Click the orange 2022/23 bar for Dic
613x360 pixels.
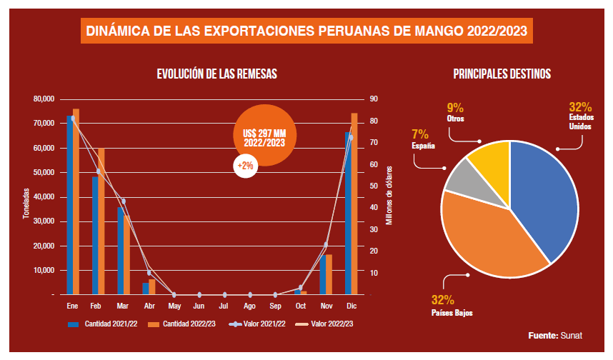(354, 204)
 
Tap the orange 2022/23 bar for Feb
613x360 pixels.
(101, 221)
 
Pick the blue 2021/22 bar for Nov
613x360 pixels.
(323, 274)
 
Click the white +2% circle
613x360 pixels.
(245, 166)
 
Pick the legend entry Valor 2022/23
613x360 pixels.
(324, 324)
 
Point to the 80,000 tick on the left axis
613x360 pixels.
(43, 99)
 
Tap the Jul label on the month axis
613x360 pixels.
(224, 306)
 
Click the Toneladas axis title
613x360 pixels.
(25, 203)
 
